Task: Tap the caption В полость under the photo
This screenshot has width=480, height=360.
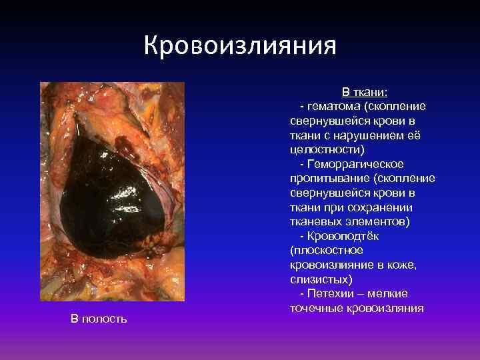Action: pyautogui.click(x=99, y=319)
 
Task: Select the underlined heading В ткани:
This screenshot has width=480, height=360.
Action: pyautogui.click(x=359, y=91)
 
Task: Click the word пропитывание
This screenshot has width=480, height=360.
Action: pyautogui.click(x=329, y=179)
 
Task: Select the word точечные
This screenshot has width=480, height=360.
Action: pyautogui.click(x=317, y=309)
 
